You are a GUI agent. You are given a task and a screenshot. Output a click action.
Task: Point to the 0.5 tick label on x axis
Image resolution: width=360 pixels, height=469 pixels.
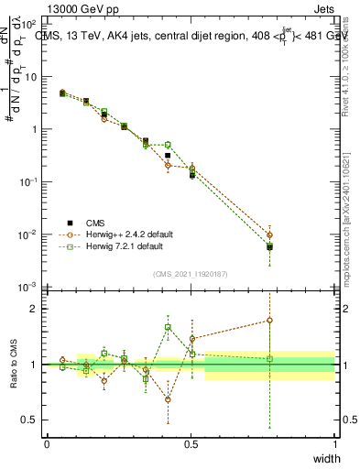tap(191, 444)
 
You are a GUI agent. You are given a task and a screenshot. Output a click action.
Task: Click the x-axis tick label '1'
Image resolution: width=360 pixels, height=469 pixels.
tap(335, 444)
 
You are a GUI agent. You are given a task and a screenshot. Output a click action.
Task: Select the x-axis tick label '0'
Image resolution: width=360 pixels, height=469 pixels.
tap(47, 444)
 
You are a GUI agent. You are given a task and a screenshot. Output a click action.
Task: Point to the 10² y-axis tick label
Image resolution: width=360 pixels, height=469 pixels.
tap(29, 23)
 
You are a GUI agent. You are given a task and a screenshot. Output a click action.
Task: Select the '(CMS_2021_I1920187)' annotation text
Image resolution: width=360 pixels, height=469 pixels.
tap(190, 272)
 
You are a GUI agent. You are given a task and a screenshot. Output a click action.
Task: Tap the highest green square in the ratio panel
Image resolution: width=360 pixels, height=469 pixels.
tap(168, 327)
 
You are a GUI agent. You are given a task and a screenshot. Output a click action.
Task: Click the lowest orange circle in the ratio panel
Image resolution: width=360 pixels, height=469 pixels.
tap(168, 399)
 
